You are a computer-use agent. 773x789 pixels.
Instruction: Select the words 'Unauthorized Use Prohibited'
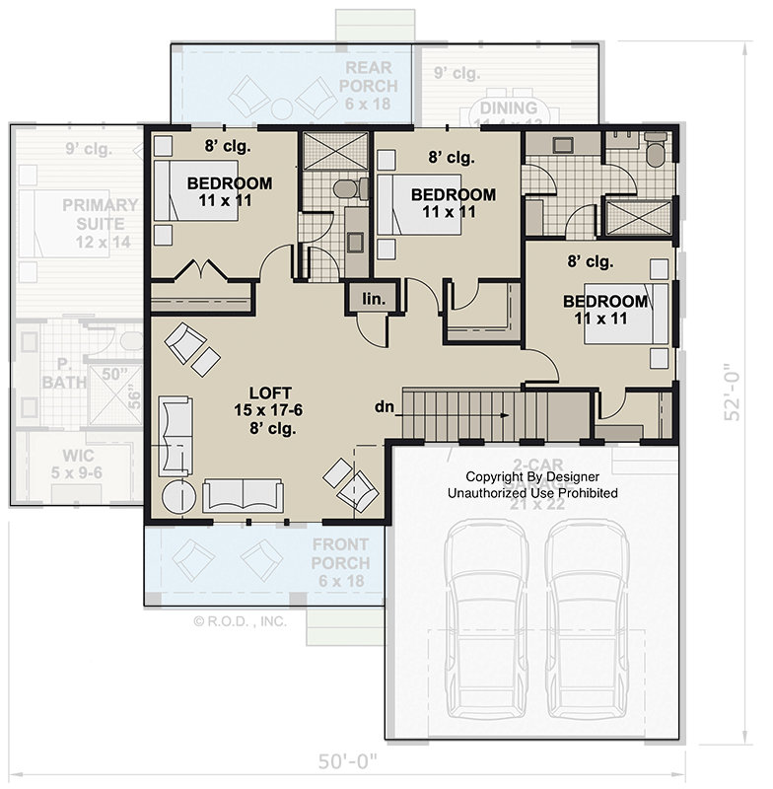[532, 492]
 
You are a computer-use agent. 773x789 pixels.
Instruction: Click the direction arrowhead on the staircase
[506, 415]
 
